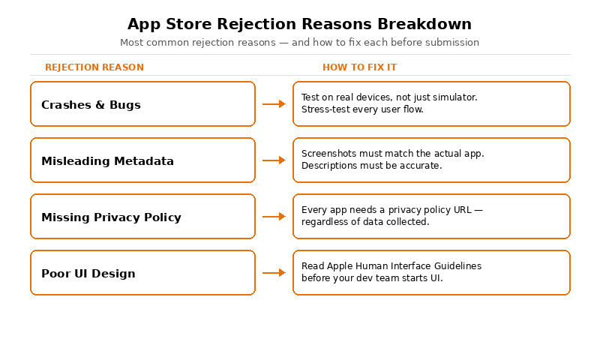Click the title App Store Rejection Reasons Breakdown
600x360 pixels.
299,24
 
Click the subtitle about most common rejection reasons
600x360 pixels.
299,43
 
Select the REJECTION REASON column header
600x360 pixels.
94,67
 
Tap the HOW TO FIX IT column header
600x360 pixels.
359,67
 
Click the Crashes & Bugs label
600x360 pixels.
91,105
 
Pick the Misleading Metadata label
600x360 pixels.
107,161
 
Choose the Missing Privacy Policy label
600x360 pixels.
111,217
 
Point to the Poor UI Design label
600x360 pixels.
88,274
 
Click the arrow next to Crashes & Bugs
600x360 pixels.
274,104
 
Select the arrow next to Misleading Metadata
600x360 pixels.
274,160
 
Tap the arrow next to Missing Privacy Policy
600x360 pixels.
274,217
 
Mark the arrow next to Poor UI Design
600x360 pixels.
274,273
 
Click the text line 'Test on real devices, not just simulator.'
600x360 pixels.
389,97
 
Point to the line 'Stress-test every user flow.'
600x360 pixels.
362,109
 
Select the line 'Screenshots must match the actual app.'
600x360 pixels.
392,154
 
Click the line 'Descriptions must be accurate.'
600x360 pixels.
371,166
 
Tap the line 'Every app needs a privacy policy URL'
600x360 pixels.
391,210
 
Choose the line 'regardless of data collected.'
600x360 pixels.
365,222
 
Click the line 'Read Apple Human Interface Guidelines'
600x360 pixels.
391,266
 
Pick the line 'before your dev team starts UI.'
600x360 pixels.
372,278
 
